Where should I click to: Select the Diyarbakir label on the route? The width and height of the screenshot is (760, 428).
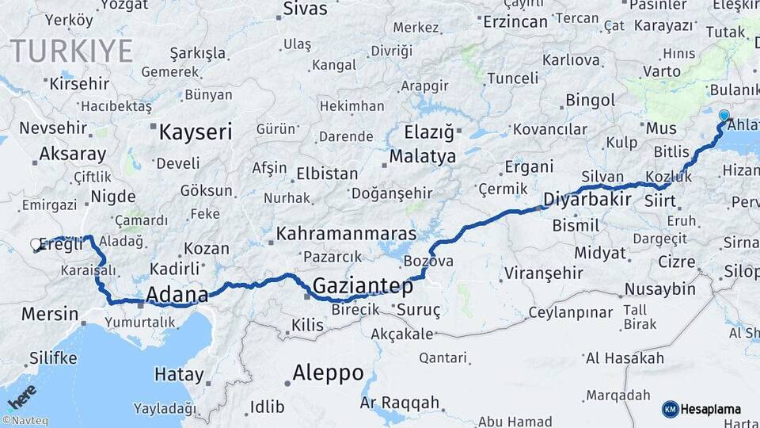pos(587,198)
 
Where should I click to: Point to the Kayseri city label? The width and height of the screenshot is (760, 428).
pos(196,132)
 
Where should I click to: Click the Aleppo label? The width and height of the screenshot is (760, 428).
pos(328,373)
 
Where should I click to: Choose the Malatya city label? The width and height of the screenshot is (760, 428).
pos(423,156)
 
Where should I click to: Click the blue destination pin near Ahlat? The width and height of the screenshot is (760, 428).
pos(724,117)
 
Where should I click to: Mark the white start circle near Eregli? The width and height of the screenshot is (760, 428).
pos(36,245)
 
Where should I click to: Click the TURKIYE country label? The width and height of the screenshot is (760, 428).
pos(71,51)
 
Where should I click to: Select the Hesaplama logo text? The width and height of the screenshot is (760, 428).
pos(711,409)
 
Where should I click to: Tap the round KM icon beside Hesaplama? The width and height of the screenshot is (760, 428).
pos(670,409)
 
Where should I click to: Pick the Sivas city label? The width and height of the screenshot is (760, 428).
pos(305,10)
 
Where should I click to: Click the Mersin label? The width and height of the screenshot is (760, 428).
pos(50,314)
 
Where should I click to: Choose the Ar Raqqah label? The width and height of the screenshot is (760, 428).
pos(399,403)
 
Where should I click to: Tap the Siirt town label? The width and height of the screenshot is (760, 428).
pos(660,201)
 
